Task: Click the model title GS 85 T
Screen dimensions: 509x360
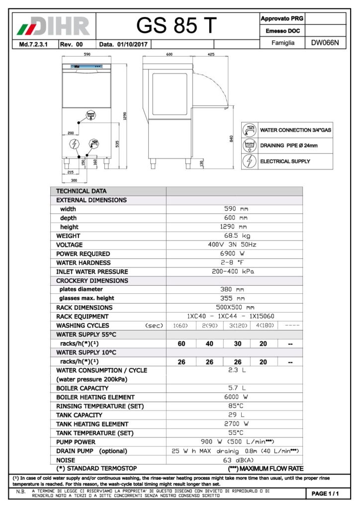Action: [177, 25]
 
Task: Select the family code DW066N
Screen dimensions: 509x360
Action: [325, 43]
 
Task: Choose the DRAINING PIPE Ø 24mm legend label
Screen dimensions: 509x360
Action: [288, 146]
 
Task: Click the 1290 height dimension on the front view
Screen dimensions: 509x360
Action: [125, 116]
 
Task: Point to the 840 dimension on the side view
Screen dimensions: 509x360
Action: [232, 139]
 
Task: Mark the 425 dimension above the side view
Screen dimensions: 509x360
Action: [211, 55]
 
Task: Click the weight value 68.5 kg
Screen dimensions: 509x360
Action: [234, 236]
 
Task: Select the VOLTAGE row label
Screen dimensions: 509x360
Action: [70, 245]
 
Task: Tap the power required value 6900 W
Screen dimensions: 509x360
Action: [234, 254]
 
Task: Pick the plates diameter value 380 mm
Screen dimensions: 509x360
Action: [234, 289]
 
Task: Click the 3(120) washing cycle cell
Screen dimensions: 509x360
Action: [237, 326]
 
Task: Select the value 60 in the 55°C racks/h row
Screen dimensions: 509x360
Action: [181, 344]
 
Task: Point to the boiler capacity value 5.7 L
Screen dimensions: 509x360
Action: [234, 388]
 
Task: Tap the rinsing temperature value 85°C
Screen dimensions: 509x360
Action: [234, 406]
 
